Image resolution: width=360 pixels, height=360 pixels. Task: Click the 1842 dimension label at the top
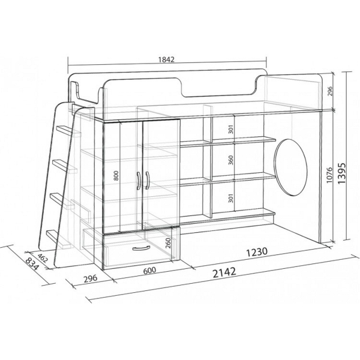[x=166, y=59]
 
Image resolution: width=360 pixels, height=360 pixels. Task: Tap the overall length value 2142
[x=224, y=272]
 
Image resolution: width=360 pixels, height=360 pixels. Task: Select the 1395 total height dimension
[x=341, y=173]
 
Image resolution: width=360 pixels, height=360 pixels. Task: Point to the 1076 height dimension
[x=329, y=175]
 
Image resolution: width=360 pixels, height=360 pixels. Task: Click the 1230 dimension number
[x=257, y=252]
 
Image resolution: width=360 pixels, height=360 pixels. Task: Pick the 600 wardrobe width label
[x=149, y=271]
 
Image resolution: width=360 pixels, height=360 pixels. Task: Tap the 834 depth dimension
[x=32, y=264]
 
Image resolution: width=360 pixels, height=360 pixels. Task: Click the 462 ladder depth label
[x=42, y=258]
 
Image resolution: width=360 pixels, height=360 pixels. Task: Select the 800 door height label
[x=116, y=176]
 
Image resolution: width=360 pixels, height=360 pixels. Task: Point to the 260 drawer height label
[x=168, y=243]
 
